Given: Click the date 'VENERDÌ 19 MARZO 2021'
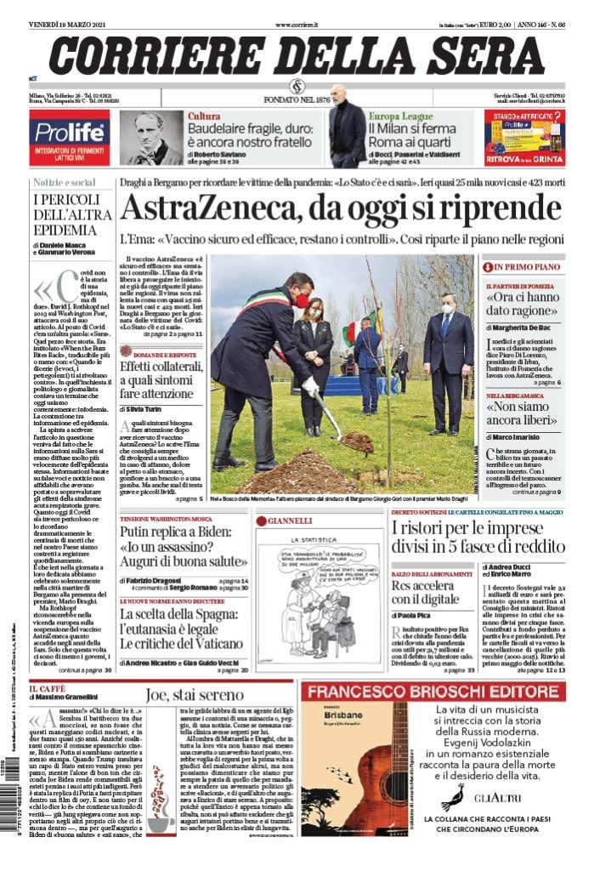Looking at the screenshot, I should click(71, 26).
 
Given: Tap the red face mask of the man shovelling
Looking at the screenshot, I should click(302, 299).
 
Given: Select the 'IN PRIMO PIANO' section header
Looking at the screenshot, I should click(528, 266).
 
